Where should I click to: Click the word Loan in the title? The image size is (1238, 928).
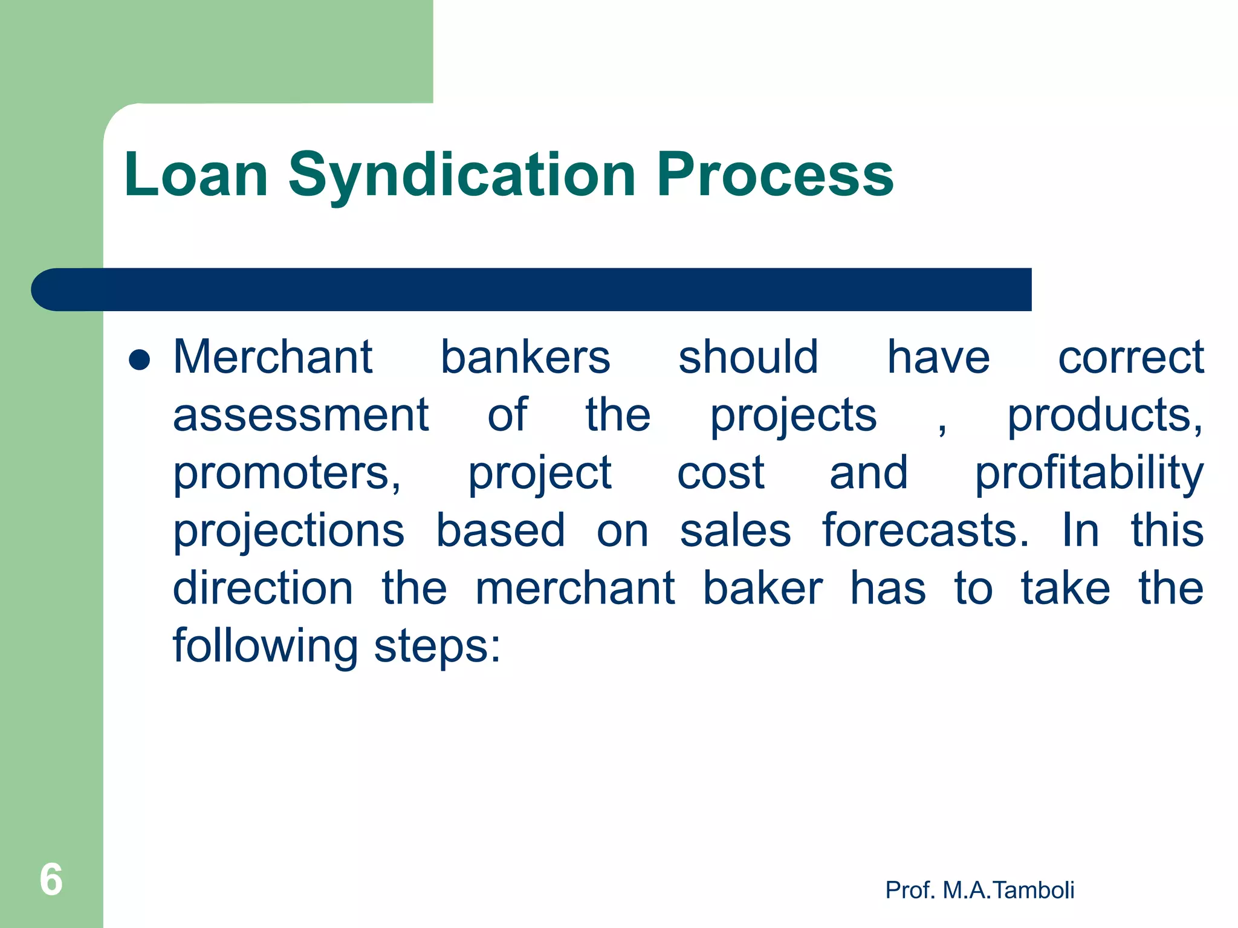click(x=196, y=175)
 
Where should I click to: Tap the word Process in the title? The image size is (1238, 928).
click(x=775, y=175)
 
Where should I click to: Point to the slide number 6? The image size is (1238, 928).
click(x=51, y=879)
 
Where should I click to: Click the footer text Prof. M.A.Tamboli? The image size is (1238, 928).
click(x=979, y=890)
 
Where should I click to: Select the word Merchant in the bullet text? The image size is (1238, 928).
click(x=273, y=357)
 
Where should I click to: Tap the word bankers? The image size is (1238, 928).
click(x=525, y=357)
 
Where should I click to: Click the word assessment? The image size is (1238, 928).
click(x=300, y=415)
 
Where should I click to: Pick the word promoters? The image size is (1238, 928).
click(x=287, y=473)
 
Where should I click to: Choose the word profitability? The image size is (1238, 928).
click(x=1089, y=473)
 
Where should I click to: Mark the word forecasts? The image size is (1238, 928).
click(x=925, y=530)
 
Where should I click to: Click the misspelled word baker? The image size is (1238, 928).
click(x=762, y=588)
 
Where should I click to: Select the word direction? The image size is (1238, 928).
click(x=263, y=588)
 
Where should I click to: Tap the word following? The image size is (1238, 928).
click(x=265, y=646)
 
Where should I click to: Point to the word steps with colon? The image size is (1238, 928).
click(x=437, y=646)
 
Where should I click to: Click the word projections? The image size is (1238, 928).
click(x=288, y=530)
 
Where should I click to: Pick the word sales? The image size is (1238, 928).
click(x=735, y=530)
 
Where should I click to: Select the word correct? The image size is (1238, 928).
click(x=1131, y=357)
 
